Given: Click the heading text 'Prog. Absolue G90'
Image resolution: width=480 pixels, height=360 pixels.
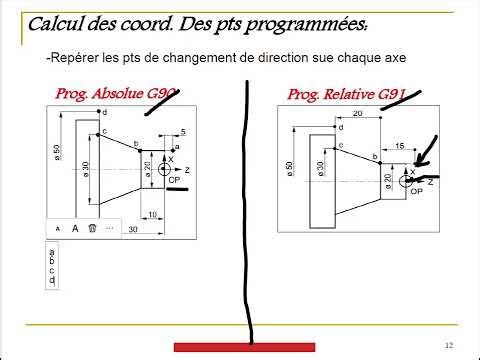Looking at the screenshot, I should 115,95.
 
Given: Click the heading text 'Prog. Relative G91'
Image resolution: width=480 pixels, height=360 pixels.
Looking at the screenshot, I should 345,95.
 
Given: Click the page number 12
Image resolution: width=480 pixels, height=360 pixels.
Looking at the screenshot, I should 450,345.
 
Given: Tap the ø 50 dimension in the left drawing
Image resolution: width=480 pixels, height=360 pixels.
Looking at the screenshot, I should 57,155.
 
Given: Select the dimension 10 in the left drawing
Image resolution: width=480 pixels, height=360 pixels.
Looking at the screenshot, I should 151,214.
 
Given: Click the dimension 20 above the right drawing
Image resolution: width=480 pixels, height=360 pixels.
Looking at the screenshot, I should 357,114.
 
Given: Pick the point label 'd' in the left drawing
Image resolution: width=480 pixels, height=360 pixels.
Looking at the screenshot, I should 104,112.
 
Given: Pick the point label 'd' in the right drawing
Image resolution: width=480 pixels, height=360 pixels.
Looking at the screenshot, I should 341,127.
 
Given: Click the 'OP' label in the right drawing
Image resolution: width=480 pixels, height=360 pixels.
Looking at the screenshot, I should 417,191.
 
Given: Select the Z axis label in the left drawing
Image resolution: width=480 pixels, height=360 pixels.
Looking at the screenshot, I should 186,170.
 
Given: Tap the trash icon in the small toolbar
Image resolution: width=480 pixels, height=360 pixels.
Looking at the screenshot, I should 92,228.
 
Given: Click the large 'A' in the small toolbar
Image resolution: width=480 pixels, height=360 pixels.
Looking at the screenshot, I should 75,228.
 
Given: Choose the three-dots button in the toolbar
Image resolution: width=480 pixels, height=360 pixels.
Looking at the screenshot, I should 109,228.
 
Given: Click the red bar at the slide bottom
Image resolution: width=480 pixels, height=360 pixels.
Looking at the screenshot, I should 245,347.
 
